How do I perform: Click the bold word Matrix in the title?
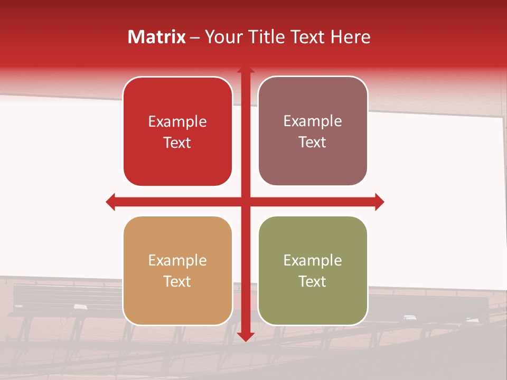[157, 37]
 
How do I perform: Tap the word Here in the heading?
[350, 37]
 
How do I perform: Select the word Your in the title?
[222, 37]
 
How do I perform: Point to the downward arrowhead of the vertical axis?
[246, 337]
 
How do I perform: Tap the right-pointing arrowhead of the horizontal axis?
[379, 202]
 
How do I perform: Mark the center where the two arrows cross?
[246, 202]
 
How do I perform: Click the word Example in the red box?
[177, 122]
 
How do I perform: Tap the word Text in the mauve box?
[313, 142]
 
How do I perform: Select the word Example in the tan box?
[177, 261]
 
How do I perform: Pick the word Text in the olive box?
[313, 281]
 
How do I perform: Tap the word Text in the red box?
[177, 142]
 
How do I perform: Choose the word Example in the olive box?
[313, 261]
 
